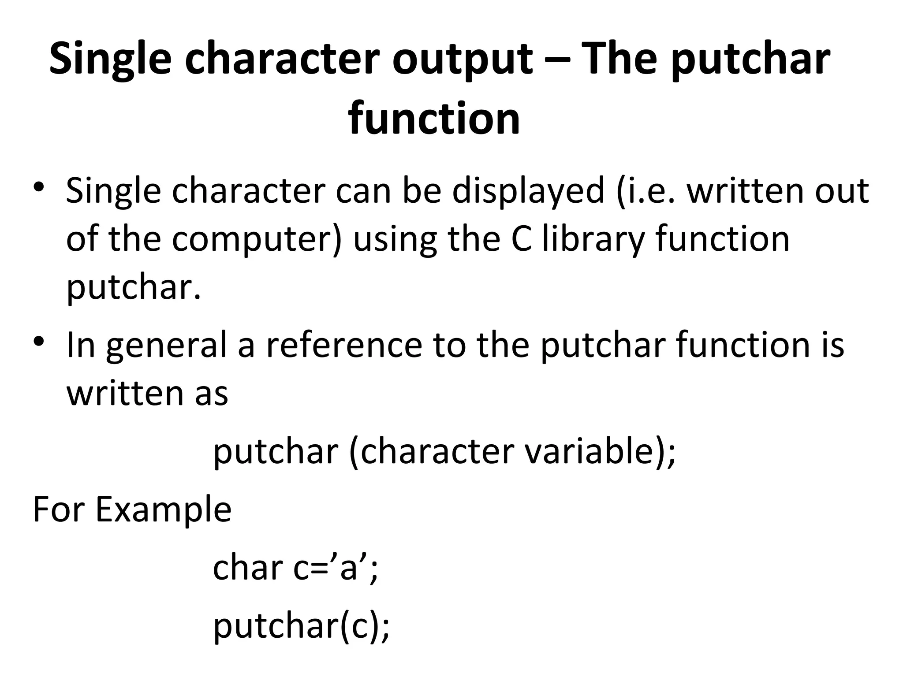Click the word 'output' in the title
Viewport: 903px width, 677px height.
[462, 60]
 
